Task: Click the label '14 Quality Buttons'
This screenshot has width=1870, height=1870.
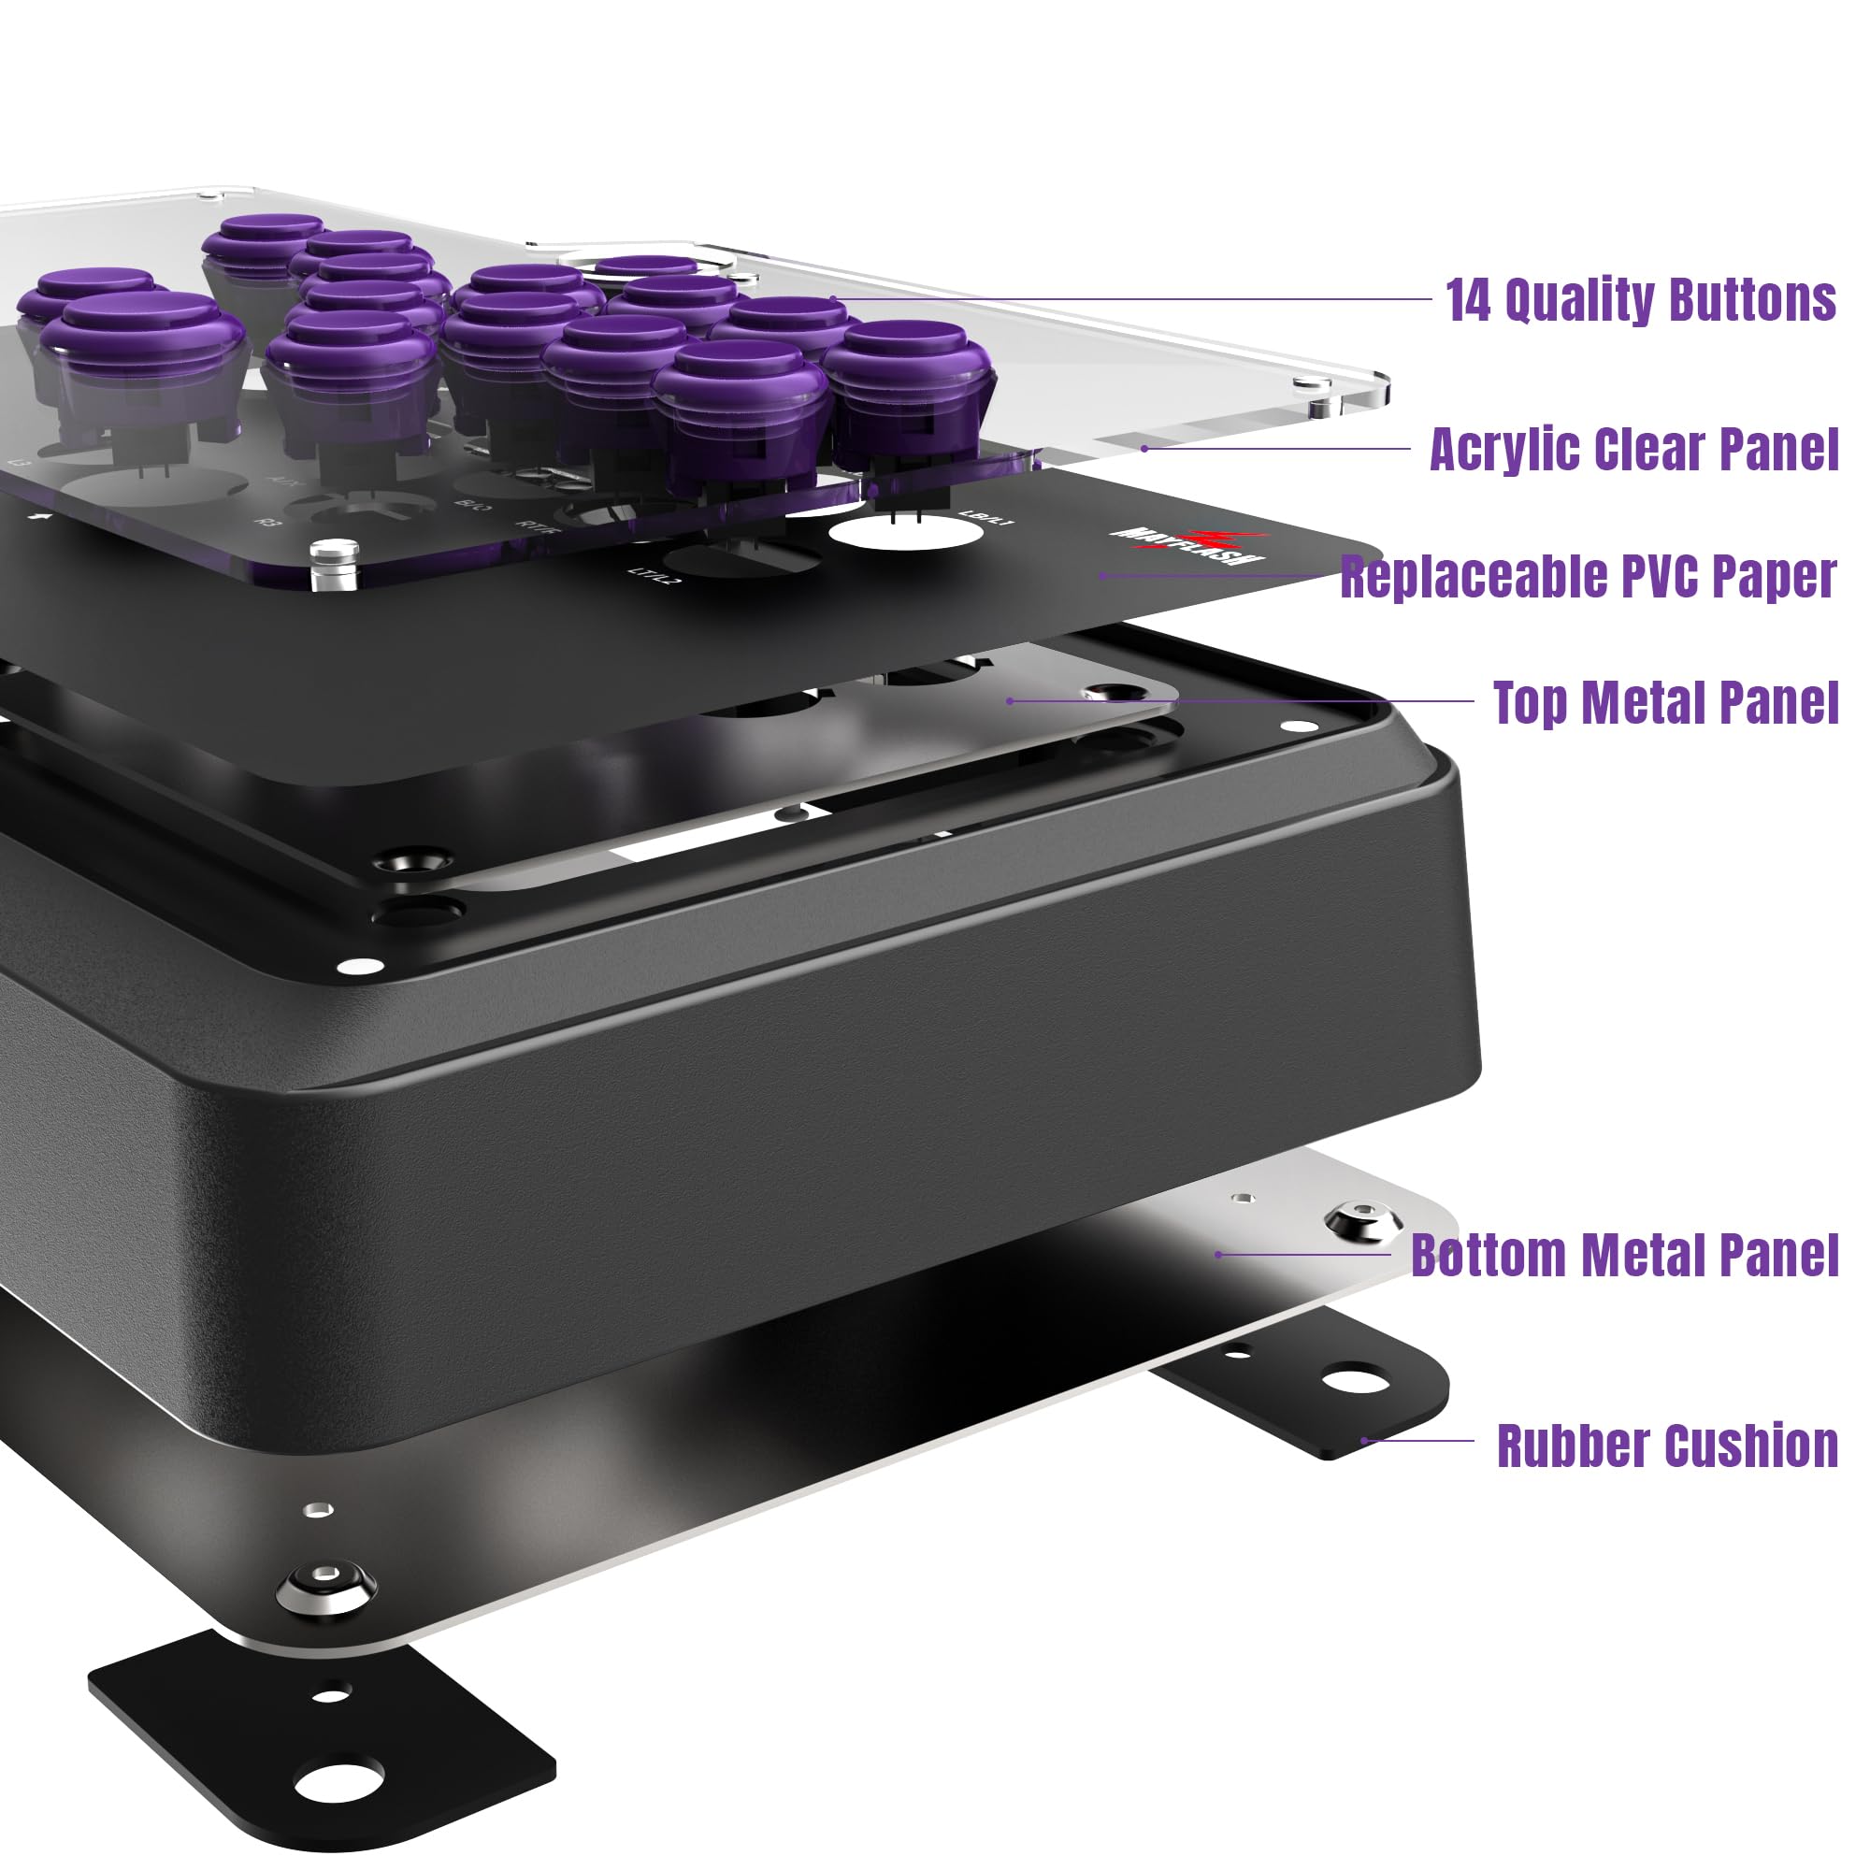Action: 1640,300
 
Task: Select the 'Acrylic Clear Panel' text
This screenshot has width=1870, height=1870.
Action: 1633,449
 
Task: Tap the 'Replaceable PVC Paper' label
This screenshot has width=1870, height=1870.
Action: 1589,577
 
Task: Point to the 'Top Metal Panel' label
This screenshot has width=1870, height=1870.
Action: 1665,703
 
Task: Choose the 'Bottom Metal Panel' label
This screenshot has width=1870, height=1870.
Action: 1624,1256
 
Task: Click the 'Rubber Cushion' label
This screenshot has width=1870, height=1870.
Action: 1667,1446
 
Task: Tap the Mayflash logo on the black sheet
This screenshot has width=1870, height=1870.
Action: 1189,548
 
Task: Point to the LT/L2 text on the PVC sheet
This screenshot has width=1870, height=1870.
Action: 656,574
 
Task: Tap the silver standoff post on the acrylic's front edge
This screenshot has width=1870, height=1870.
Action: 335,562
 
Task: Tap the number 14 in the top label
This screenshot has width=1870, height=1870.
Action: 1469,300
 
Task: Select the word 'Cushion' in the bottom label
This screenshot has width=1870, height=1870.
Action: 1750,1446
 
